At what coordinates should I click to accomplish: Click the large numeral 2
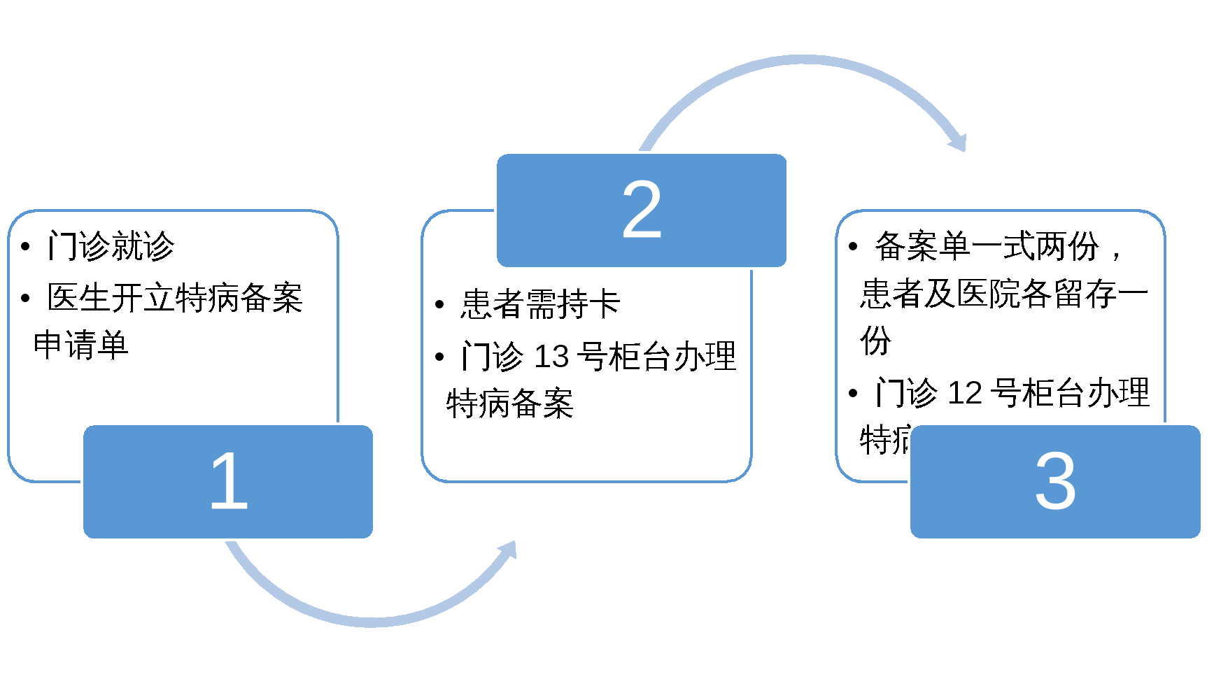642,209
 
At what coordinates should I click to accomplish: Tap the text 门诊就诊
111,246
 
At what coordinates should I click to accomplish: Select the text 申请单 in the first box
81,345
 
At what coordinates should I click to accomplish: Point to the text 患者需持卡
540,304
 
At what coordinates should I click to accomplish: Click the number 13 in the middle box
551,357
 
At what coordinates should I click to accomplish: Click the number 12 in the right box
965,393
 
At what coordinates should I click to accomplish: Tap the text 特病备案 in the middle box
510,403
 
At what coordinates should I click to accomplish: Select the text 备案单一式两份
987,246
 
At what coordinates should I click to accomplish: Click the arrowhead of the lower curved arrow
509,550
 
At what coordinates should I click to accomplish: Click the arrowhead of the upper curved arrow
958,142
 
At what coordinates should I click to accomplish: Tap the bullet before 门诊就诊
26,247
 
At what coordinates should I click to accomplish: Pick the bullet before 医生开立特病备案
26,299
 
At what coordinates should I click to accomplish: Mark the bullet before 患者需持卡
439,305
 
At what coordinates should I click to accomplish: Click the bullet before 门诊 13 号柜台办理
439,357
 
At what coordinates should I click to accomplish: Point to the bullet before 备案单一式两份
853,247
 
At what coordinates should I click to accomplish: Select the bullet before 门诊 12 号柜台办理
853,394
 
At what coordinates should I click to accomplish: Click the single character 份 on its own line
875,341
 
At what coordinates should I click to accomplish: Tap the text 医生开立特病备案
175,298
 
